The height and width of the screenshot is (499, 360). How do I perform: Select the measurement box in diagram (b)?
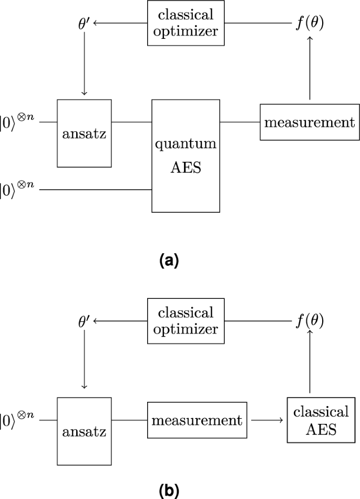(197, 420)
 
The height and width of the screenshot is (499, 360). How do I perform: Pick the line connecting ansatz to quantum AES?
(131, 122)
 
